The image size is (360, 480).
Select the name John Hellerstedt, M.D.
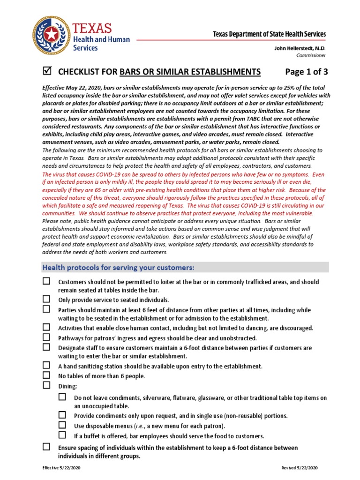[300, 48]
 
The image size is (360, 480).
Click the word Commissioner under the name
[311, 55]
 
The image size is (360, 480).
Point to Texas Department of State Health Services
[269, 34]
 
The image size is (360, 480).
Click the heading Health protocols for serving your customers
[118, 268]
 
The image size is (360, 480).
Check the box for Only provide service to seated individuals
[46, 299]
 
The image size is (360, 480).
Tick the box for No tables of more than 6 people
[46, 375]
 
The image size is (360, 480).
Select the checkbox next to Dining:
[46, 385]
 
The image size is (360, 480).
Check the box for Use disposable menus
[62, 425]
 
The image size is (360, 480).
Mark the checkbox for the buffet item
[62, 435]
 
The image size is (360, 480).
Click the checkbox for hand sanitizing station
[46, 365]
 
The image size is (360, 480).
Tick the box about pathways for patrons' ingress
[46, 337]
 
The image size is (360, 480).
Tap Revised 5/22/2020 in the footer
[300, 468]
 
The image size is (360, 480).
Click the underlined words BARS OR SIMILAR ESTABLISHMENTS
[190, 72]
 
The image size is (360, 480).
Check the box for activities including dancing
[46, 327]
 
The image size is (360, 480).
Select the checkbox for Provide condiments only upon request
[62, 415]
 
